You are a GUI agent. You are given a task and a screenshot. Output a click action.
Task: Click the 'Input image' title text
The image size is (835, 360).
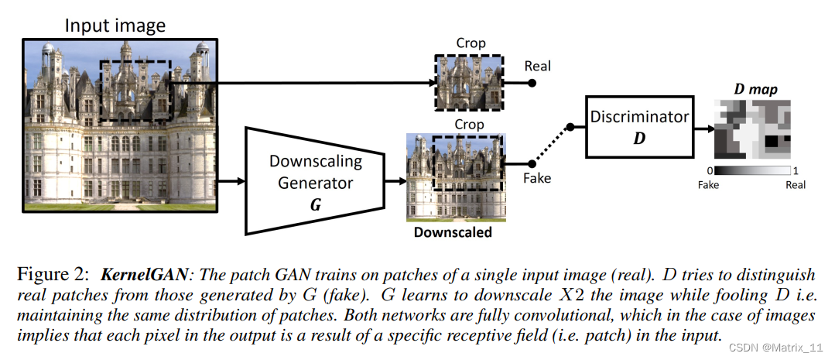[x=115, y=25]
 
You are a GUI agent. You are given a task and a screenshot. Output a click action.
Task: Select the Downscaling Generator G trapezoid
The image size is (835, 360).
[x=315, y=180]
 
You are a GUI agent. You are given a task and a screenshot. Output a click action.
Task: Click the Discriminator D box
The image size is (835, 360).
[x=639, y=127]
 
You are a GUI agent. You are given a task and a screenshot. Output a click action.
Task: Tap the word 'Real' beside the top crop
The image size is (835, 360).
[x=537, y=66]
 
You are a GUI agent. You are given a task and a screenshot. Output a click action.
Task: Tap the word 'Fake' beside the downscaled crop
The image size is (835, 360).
[x=537, y=178]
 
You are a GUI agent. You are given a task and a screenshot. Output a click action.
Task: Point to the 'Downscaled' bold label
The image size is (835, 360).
[x=453, y=231]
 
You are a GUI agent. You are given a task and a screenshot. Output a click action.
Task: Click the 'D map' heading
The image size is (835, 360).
[x=755, y=90]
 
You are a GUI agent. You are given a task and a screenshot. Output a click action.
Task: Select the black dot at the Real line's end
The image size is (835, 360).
[x=532, y=83]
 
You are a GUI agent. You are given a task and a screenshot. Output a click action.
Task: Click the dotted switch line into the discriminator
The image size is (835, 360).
[x=551, y=145]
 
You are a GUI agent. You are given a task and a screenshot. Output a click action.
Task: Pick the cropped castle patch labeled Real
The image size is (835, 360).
[x=469, y=83]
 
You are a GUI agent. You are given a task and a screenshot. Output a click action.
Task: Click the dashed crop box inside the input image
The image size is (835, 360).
[x=136, y=91]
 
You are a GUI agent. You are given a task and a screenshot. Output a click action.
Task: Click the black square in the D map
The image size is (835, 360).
[x=773, y=142]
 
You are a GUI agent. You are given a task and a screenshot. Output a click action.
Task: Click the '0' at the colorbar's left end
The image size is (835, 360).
[x=710, y=170]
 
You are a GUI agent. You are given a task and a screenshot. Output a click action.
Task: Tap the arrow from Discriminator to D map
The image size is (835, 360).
[x=703, y=128]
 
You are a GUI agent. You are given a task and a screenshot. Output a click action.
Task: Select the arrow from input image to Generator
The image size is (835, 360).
[x=233, y=181]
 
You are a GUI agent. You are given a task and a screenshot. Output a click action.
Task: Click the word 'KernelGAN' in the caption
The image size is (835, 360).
[x=136, y=276]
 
